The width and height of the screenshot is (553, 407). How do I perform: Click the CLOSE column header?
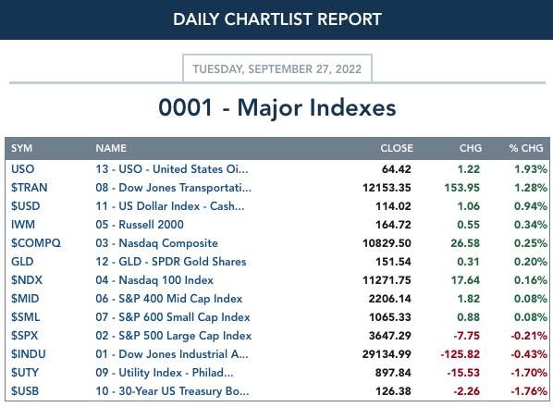397,148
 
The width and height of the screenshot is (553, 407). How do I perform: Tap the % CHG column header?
526,148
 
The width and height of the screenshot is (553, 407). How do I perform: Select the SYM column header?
21,148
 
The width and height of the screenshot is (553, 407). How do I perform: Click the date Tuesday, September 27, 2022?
276,68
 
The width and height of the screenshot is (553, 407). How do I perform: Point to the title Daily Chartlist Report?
277,19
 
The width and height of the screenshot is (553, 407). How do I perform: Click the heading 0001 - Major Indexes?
277,107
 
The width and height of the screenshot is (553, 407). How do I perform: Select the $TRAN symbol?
29,188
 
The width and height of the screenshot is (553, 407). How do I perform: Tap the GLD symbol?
22,262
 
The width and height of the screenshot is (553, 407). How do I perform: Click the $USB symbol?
25,391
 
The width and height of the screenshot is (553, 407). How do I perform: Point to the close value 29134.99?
387,354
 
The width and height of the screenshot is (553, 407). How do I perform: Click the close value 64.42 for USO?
397,169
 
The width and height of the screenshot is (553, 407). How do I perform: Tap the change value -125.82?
461,354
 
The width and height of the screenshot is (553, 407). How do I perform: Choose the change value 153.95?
462,188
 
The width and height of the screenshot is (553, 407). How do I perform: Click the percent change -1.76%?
529,391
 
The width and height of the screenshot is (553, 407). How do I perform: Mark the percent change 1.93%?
531,169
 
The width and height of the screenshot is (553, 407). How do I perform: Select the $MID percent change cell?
531,299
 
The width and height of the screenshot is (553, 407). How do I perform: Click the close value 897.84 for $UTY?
393,373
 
